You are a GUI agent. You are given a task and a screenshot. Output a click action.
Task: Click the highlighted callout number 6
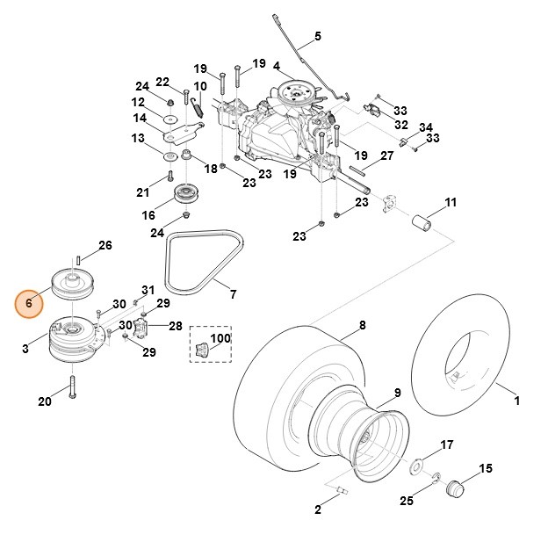click(29, 303)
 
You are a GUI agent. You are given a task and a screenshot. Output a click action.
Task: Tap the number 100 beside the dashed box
click(220, 338)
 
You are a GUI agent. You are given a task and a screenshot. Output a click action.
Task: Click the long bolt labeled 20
click(71, 383)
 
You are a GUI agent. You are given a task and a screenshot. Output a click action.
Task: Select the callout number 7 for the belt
click(233, 293)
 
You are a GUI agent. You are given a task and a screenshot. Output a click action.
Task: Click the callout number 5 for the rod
click(318, 36)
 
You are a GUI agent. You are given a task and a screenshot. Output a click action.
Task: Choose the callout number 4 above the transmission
click(276, 66)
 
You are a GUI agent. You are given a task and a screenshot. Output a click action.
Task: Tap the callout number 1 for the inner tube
click(516, 401)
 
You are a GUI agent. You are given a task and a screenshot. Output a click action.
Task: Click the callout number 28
click(176, 326)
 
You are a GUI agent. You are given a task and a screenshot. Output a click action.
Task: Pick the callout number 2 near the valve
click(317, 509)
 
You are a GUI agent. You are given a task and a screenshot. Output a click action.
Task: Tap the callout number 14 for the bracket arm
click(140, 119)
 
